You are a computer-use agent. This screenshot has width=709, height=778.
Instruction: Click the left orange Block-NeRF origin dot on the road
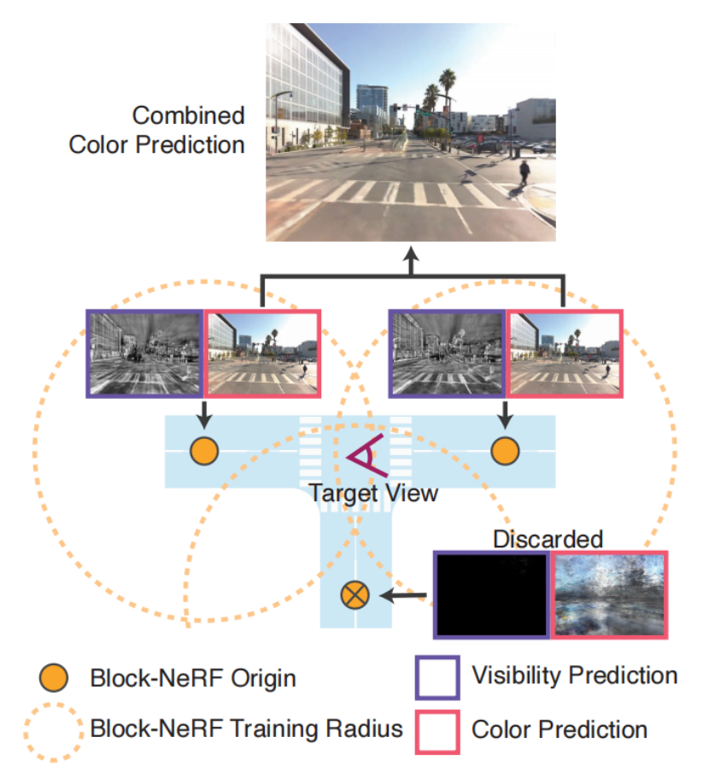(x=203, y=451)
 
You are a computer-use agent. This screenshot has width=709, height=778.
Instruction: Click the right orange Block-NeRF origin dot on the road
(x=505, y=451)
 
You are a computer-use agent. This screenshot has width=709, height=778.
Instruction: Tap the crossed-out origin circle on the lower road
(x=354, y=594)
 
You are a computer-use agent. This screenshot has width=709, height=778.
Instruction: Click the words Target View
(x=373, y=493)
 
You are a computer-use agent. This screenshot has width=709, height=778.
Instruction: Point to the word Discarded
(x=548, y=539)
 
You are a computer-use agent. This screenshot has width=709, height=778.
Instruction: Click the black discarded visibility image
(x=492, y=594)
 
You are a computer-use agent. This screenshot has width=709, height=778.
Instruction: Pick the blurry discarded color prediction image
(x=610, y=594)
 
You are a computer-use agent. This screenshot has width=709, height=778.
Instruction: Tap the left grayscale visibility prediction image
(x=144, y=353)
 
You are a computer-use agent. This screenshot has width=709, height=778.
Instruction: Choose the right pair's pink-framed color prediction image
(x=565, y=353)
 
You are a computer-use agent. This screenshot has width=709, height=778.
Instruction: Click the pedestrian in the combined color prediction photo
(x=523, y=174)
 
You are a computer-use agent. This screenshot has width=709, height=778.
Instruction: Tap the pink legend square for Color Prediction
(x=437, y=730)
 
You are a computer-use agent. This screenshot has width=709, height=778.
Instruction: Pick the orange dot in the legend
(x=54, y=679)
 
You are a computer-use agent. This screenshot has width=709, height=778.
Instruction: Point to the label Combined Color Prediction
(x=157, y=130)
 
